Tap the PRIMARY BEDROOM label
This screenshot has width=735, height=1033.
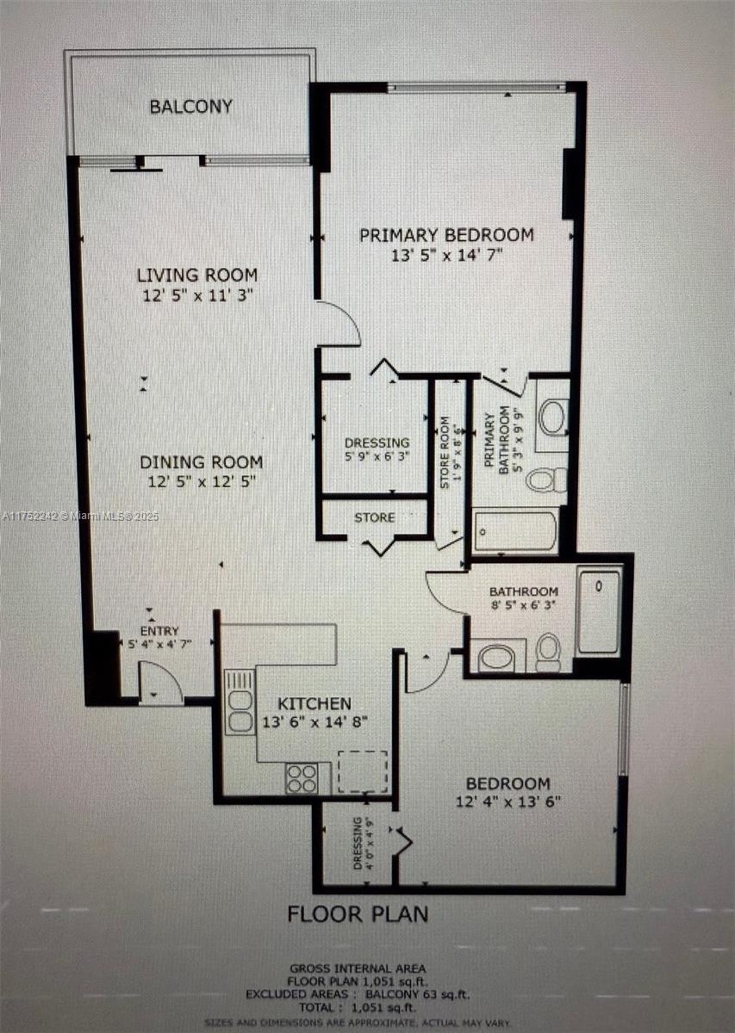click(446, 234)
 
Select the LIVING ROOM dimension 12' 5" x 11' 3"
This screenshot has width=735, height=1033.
click(196, 295)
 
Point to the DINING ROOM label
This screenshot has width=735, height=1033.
click(201, 462)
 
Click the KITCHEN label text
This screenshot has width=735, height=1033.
click(315, 703)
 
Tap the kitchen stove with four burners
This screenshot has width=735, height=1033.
click(302, 778)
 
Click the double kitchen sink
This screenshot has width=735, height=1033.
click(240, 702)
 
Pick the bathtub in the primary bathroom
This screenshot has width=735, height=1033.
click(515, 530)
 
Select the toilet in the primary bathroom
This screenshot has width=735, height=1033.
click(547, 479)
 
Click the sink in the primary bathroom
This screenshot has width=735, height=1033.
click(552, 417)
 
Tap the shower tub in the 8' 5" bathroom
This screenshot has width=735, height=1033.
click(598, 611)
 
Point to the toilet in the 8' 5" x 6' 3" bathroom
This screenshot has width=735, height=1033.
click(548, 651)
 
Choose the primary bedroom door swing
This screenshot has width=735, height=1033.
click(339, 325)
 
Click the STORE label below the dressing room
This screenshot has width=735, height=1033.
click(375, 517)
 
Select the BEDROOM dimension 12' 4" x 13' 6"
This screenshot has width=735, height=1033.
click(508, 801)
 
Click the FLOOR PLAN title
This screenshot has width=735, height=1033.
click(357, 912)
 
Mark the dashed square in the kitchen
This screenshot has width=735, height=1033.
click(363, 771)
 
